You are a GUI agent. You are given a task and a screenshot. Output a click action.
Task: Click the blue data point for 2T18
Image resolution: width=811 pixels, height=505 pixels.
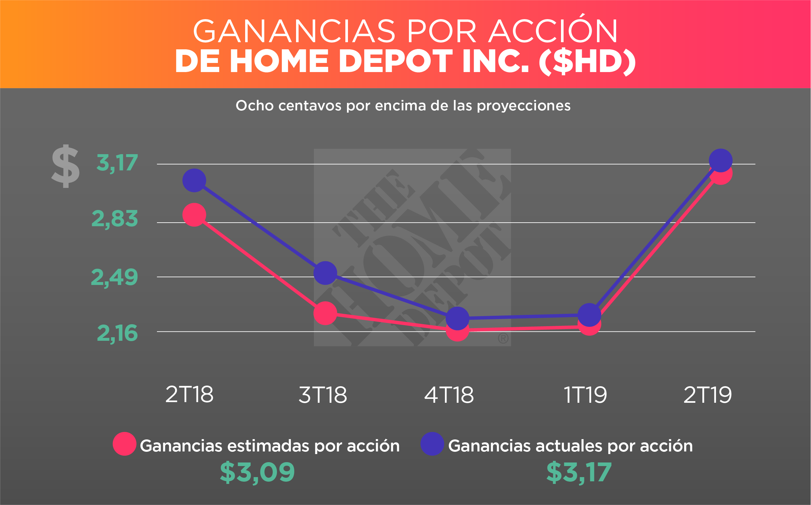[x=194, y=180]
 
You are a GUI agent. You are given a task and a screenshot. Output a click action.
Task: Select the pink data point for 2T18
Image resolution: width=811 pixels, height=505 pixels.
[x=194, y=215]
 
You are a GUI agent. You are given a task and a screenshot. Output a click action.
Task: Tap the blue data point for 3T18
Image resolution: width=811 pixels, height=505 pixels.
[x=325, y=273]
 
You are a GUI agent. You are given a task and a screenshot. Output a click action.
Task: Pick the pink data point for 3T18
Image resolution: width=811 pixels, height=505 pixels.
[x=325, y=313]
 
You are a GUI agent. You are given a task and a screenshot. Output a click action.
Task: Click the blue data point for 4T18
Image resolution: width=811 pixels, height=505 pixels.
[x=457, y=318]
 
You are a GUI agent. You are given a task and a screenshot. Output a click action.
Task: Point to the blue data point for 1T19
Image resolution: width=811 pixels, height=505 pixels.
[x=590, y=315]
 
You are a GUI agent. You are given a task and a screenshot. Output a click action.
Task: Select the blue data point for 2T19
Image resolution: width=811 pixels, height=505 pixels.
[x=721, y=160]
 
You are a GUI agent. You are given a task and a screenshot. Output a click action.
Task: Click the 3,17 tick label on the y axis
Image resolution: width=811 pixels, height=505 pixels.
[x=117, y=163]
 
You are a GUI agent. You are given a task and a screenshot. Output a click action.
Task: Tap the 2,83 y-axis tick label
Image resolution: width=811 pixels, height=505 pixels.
[x=114, y=219]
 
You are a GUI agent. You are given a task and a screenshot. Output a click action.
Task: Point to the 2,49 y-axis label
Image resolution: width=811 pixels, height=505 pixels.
[x=114, y=277]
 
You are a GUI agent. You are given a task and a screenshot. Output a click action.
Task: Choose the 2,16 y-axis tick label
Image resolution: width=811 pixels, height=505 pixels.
[x=117, y=333]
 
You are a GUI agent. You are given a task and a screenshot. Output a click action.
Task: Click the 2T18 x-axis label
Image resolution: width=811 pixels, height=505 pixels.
[x=189, y=395]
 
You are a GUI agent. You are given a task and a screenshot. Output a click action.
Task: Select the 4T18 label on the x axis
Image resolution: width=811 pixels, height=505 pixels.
[x=449, y=395]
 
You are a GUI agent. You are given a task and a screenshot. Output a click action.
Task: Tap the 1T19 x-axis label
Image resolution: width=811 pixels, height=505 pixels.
[x=585, y=395]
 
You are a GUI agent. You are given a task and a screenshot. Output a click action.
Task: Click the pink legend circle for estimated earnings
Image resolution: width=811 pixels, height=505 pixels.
[x=125, y=444]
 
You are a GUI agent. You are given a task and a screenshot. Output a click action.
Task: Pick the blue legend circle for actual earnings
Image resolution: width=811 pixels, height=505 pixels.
[x=432, y=444]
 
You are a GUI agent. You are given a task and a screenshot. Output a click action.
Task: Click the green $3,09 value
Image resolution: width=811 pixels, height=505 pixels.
[x=257, y=472]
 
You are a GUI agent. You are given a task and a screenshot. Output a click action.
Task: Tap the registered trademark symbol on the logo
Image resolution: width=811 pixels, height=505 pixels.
[x=503, y=338]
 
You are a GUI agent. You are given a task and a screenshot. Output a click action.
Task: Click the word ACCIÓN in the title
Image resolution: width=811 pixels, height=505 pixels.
[x=553, y=31]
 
